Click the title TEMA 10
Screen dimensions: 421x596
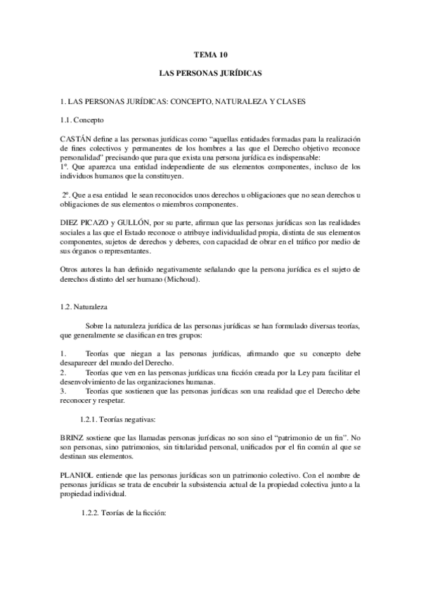(x=211, y=54)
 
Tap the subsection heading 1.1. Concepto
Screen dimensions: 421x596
(x=82, y=120)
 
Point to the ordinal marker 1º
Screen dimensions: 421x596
(x=65, y=167)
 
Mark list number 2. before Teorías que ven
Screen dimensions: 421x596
(x=64, y=372)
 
